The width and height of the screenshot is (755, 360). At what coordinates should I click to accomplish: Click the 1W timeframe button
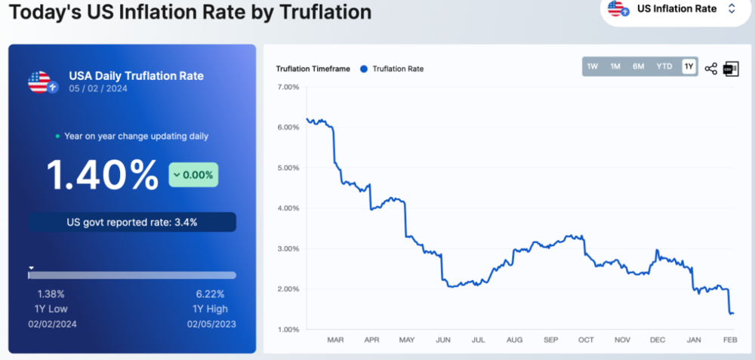pyautogui.click(x=592, y=67)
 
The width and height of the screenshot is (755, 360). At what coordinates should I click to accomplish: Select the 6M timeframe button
pyautogui.click(x=639, y=67)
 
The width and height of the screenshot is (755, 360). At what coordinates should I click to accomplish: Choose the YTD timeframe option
pyautogui.click(x=664, y=67)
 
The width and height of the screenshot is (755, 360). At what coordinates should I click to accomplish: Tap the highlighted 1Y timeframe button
pyautogui.click(x=689, y=67)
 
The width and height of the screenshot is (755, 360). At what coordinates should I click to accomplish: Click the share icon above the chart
pyautogui.click(x=710, y=69)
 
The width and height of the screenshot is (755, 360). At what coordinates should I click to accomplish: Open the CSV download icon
pyautogui.click(x=730, y=69)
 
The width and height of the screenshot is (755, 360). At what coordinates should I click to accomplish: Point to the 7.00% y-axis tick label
pyautogui.click(x=289, y=87)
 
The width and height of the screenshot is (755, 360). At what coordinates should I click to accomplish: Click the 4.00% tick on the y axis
pyautogui.click(x=289, y=208)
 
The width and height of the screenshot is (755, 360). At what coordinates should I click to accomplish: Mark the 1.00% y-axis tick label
pyautogui.click(x=289, y=330)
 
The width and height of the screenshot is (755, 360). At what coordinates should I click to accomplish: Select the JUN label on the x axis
pyautogui.click(x=443, y=340)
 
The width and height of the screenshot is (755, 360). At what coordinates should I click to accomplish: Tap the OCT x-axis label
pyautogui.click(x=586, y=340)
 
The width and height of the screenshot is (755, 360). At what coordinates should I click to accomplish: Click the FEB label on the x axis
pyautogui.click(x=730, y=340)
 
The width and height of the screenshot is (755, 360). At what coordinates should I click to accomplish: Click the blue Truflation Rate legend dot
pyautogui.click(x=364, y=69)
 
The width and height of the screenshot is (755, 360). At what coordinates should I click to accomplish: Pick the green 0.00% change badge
pyautogui.click(x=193, y=174)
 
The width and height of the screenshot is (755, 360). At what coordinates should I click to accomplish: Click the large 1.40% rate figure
pyautogui.click(x=102, y=174)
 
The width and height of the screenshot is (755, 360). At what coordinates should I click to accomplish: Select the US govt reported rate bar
pyautogui.click(x=132, y=222)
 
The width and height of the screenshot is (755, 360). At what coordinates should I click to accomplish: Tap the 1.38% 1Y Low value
pyautogui.click(x=51, y=294)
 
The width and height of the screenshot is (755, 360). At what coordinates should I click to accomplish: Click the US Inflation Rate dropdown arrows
pyautogui.click(x=732, y=8)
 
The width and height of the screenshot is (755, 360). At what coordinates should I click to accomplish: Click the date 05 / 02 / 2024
pyautogui.click(x=98, y=88)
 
